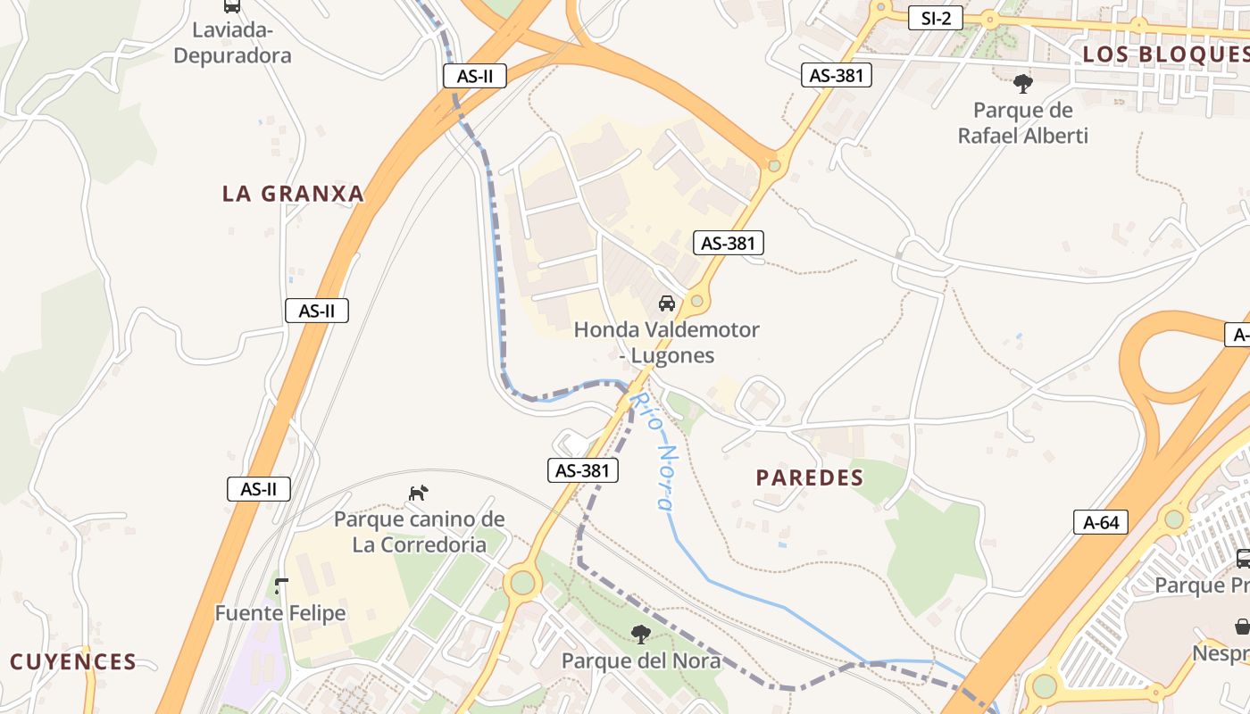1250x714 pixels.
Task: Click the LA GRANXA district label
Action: click(293, 194)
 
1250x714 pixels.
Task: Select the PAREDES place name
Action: click(810, 477)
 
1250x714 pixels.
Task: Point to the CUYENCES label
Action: click(73, 662)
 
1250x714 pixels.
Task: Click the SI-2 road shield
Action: click(935, 18)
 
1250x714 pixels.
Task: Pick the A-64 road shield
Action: click(1101, 522)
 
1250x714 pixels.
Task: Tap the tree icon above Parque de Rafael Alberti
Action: click(1022, 85)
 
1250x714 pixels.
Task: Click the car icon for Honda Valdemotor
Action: click(667, 303)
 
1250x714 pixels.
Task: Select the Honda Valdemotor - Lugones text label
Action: click(666, 342)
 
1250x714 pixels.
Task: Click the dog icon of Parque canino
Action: click(419, 493)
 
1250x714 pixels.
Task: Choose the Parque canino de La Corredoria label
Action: click(419, 532)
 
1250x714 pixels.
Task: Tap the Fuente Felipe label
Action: click(280, 614)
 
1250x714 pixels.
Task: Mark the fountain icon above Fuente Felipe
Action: click(281, 586)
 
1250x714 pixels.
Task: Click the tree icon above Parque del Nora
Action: click(640, 635)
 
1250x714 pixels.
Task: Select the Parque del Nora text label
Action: click(640, 661)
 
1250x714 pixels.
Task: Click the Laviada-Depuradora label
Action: click(232, 43)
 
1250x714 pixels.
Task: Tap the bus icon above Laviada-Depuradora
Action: click(232, 5)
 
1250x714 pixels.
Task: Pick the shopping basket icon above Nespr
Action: click(1241, 627)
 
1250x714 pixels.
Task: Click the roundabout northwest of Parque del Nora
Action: click(522, 584)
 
